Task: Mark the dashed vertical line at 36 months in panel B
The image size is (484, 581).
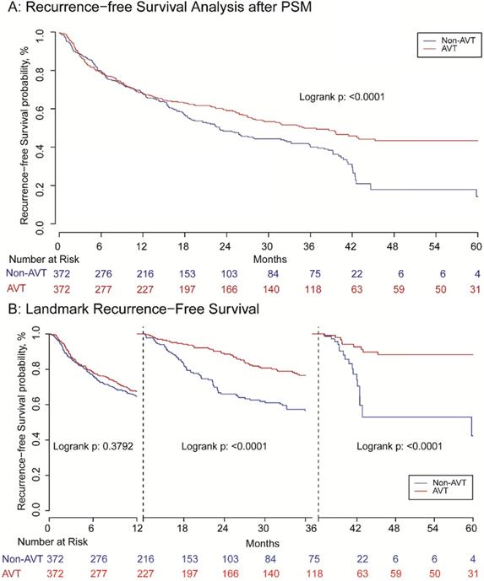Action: pyautogui.click(x=318, y=422)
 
